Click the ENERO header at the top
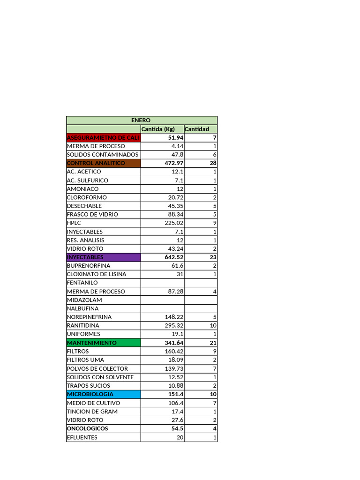click(x=141, y=120)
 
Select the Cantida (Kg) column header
click(x=158, y=129)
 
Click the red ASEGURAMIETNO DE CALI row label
click(x=103, y=138)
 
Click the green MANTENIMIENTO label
click(x=91, y=343)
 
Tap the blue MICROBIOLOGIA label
click(x=90, y=394)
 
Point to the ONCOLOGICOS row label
click(x=88, y=428)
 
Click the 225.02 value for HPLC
click(x=173, y=223)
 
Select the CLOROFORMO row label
click(x=87, y=197)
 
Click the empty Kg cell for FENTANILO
click(x=162, y=283)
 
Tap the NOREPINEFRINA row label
click(x=90, y=317)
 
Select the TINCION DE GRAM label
click(x=92, y=412)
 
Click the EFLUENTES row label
click(x=82, y=437)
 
